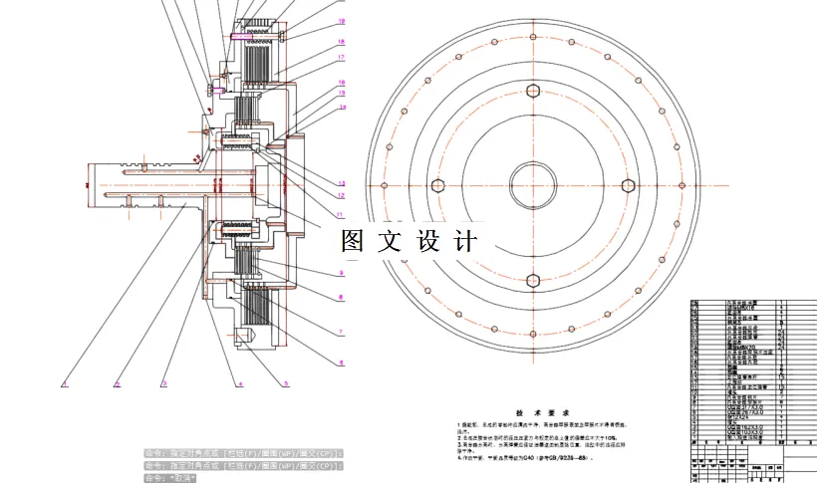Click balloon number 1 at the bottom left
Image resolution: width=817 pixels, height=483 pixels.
(x=63, y=382)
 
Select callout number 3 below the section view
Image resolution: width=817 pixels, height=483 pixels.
(x=164, y=382)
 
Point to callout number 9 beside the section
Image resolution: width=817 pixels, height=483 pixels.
(x=340, y=272)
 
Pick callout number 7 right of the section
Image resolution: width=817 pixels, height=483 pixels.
(x=340, y=332)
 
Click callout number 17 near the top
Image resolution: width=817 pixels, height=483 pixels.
(x=341, y=58)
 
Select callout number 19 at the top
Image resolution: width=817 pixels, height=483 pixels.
(x=341, y=20)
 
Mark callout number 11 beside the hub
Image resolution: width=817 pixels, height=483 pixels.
(x=340, y=213)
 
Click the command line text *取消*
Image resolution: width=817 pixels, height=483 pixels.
(x=184, y=478)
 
